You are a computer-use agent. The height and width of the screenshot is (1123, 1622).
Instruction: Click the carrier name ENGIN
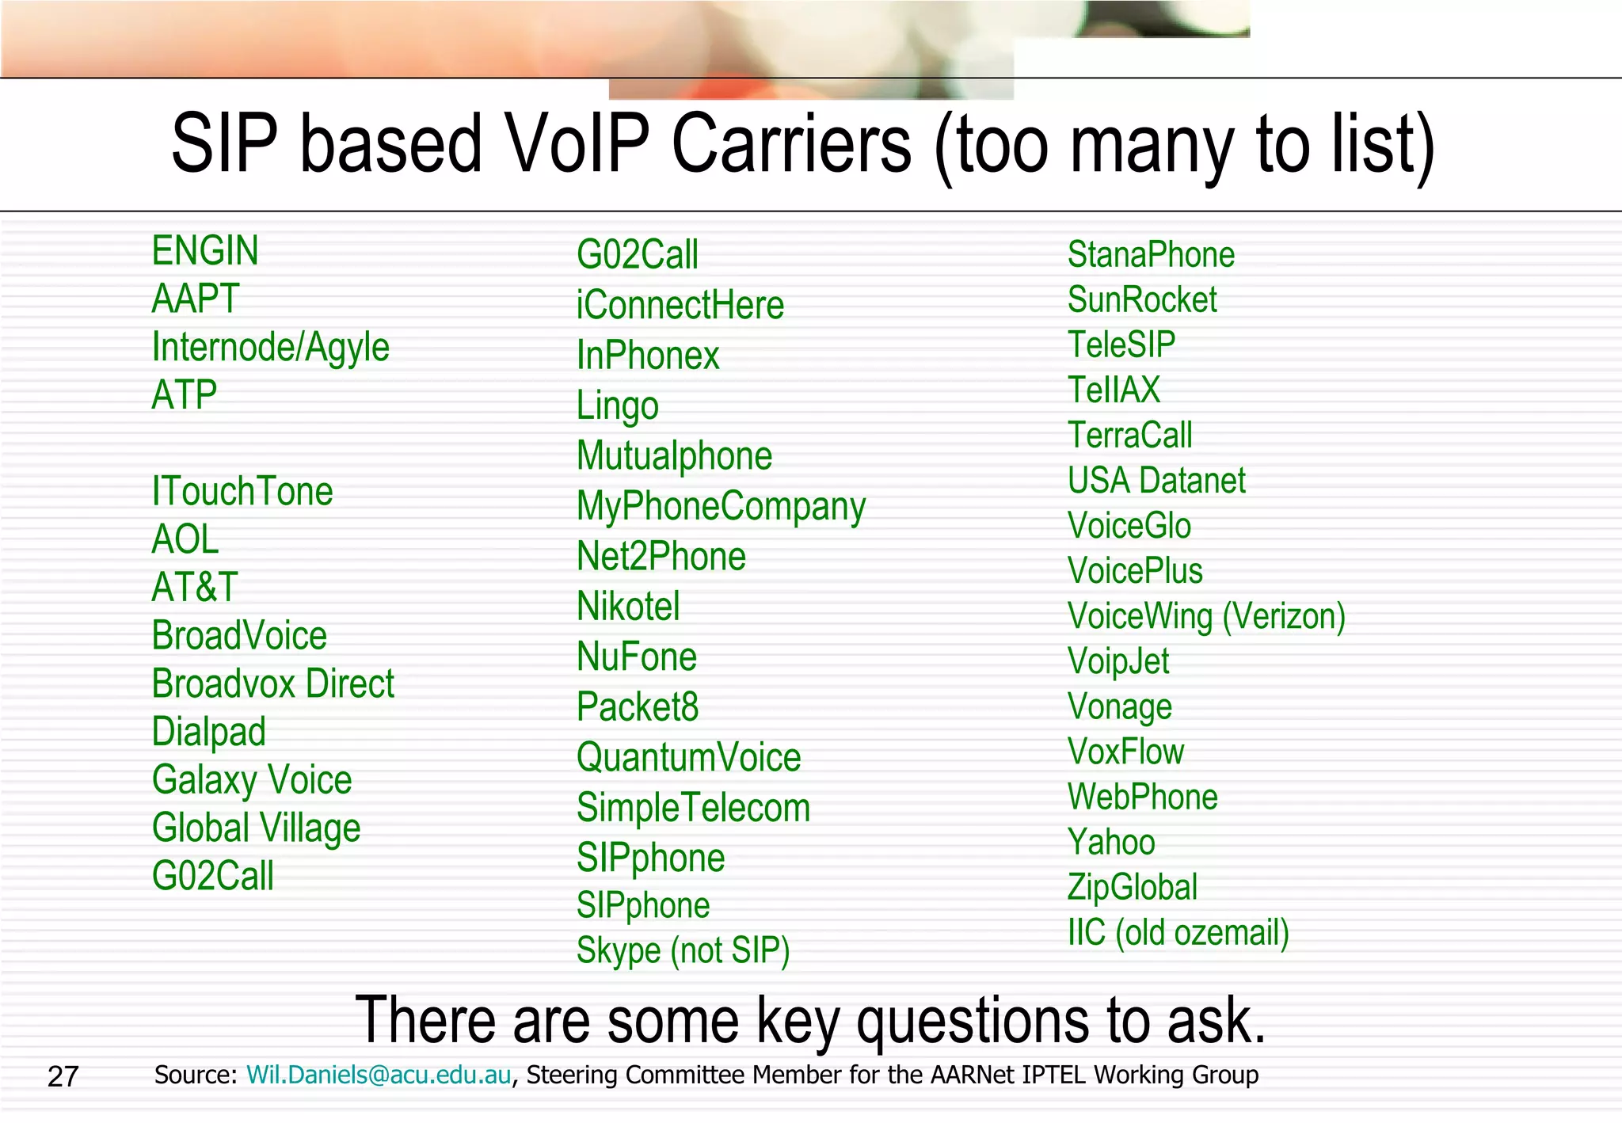205,251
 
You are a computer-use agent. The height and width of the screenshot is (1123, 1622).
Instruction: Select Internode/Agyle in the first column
270,348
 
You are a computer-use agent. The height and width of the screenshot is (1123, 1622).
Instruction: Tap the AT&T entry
194,588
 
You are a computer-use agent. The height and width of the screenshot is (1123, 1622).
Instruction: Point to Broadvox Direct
272,684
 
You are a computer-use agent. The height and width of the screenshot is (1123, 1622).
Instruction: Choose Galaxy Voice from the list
252,780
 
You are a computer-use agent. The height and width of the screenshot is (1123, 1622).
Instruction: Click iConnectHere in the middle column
680,306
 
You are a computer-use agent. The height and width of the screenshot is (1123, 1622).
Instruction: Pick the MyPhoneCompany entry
721,507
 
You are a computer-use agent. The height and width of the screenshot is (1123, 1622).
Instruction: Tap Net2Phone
661,557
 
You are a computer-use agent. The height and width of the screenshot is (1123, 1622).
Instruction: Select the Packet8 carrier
637,707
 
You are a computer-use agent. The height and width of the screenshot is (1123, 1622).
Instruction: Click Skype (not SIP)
683,950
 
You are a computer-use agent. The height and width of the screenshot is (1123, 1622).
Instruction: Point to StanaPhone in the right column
1150,255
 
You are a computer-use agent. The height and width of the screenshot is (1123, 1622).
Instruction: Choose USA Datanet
1156,481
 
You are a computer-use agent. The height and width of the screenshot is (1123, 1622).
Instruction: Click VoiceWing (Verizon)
1205,617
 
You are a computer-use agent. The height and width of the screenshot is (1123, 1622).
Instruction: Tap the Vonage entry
1119,707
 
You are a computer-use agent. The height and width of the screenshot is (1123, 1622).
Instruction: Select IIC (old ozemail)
1178,933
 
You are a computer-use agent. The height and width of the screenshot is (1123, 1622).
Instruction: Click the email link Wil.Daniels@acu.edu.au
379,1075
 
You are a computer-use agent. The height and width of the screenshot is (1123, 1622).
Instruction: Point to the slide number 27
63,1077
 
